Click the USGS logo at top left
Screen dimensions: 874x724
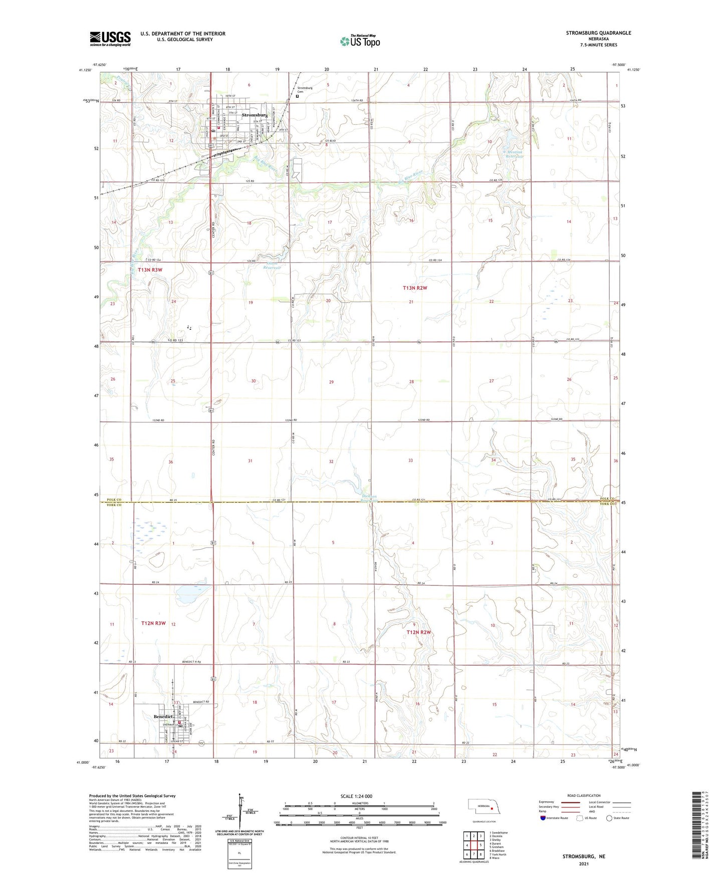[110, 38]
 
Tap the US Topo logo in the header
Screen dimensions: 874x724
[360, 41]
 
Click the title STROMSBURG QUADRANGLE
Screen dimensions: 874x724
[598, 33]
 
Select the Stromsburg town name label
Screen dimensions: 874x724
[255, 115]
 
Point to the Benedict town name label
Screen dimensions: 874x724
[163, 717]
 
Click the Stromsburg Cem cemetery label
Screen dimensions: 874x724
[305, 90]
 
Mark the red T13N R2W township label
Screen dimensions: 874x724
[415, 288]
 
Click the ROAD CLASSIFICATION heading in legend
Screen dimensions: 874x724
[584, 795]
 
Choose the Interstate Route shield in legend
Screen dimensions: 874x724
[543, 818]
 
